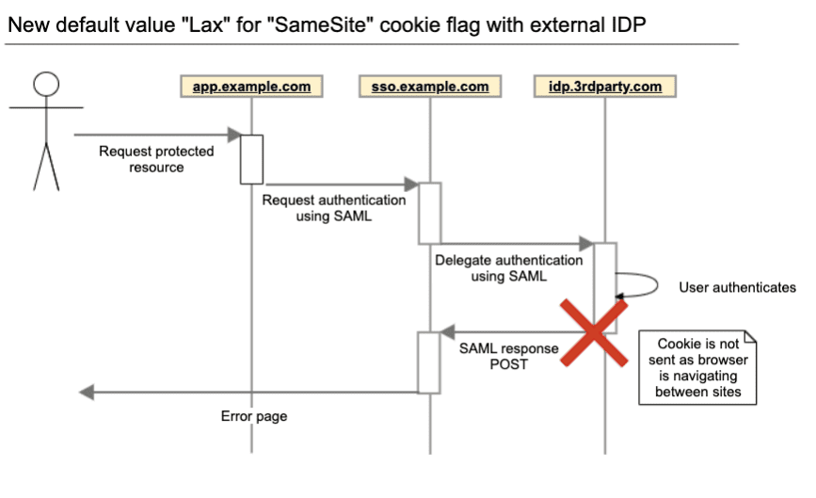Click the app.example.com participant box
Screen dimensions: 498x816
(x=251, y=87)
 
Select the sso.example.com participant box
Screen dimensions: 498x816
(x=430, y=87)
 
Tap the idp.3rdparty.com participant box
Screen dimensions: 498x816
(x=604, y=87)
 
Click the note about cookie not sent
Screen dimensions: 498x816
(x=697, y=368)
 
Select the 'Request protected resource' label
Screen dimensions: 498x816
(x=157, y=159)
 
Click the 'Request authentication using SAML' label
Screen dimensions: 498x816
(x=334, y=208)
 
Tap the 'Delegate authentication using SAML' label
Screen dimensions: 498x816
(x=508, y=268)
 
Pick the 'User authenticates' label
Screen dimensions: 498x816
(x=737, y=287)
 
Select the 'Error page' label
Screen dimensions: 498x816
(x=254, y=415)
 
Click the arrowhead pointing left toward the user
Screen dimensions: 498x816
(x=86, y=392)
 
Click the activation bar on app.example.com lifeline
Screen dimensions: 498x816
(x=251, y=159)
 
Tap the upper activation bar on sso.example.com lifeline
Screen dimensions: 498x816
(x=429, y=212)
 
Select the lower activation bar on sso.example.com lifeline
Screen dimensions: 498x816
(x=429, y=361)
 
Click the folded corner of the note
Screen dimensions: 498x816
(x=750, y=336)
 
